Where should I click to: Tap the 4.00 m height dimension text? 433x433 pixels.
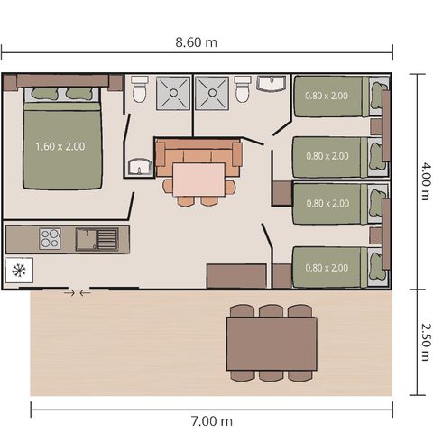(422, 180)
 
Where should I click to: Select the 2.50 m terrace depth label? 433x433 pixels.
(422, 343)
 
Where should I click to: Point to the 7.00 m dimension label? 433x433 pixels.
(213, 420)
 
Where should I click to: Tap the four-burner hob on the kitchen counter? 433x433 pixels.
(50, 239)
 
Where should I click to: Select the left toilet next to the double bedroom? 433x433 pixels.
(140, 90)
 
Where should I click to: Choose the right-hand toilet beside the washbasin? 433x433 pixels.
(242, 90)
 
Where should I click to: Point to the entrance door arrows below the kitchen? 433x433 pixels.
(78, 292)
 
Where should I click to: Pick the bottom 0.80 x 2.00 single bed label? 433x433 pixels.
(327, 267)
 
